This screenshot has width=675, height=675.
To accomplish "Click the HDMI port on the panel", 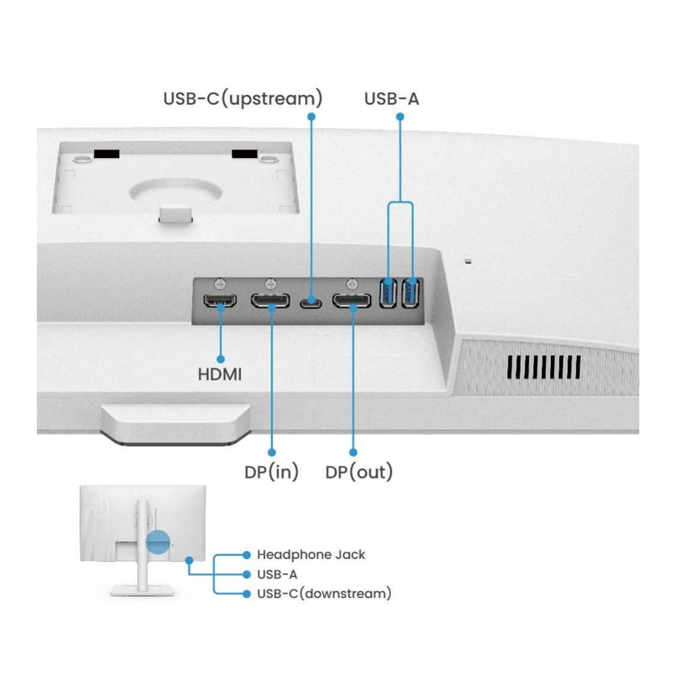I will (220, 300).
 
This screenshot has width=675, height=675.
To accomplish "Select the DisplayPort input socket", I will (270, 300).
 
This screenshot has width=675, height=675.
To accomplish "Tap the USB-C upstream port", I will (311, 303).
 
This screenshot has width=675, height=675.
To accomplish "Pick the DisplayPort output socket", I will (352, 300).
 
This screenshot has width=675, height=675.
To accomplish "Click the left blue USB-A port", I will (387, 293).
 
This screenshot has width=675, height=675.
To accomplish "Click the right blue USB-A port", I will (410, 293).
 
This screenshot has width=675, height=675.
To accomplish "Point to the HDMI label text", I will (220, 374).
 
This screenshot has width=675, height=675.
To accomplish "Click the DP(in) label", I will (271, 472).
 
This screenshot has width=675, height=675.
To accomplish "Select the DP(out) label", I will (359, 472).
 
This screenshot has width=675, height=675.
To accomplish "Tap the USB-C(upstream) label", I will (243, 99).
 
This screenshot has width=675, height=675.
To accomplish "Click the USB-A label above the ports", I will (391, 99).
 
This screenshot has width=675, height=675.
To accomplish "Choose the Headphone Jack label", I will (311, 555).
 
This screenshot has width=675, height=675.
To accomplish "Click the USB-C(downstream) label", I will (324, 594).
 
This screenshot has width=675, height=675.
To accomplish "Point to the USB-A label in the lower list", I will (277, 575).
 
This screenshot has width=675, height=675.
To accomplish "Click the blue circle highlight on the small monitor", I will (158, 541).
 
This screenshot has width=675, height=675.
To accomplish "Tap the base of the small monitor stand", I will (142, 590).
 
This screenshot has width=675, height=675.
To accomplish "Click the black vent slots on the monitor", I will (544, 367).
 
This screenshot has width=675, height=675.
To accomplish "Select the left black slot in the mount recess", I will (107, 154).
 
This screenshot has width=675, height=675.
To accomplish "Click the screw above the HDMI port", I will (220, 284).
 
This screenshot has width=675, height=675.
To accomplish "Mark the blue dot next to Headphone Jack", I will (246, 555).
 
